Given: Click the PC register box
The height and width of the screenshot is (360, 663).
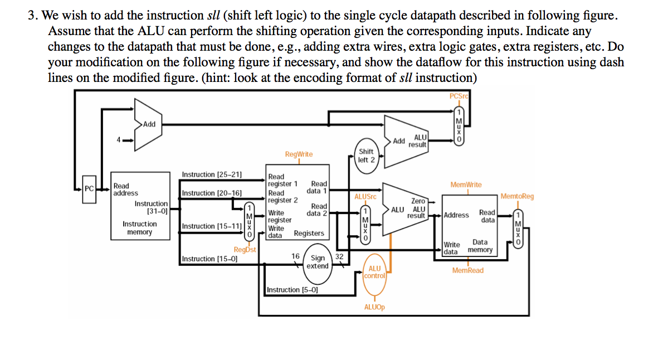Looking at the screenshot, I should (x=89, y=188).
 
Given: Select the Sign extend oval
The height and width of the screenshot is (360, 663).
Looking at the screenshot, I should (x=318, y=262).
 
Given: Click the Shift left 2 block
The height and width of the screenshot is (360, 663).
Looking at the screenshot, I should (x=366, y=155).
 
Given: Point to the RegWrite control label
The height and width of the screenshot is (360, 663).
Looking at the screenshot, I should (x=299, y=154).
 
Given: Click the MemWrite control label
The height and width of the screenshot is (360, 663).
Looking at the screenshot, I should (x=466, y=184).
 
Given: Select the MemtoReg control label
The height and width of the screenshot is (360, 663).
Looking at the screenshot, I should (x=517, y=196).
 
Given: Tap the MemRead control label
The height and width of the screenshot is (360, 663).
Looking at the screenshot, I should (x=467, y=270).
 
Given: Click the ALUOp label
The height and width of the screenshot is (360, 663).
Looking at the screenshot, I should (x=374, y=307).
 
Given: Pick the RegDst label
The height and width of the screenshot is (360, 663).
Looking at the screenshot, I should (x=245, y=250).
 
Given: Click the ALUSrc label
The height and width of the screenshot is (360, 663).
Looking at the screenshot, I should (x=365, y=197).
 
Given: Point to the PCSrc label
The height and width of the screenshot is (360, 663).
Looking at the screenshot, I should (x=460, y=96).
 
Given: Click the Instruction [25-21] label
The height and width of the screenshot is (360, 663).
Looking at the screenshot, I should (x=212, y=174).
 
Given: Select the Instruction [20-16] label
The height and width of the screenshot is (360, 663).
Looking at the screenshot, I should (x=212, y=193).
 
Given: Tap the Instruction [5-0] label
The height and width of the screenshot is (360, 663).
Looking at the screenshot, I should (x=292, y=290).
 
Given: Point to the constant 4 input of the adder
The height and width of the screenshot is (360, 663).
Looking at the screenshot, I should (x=118, y=139).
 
